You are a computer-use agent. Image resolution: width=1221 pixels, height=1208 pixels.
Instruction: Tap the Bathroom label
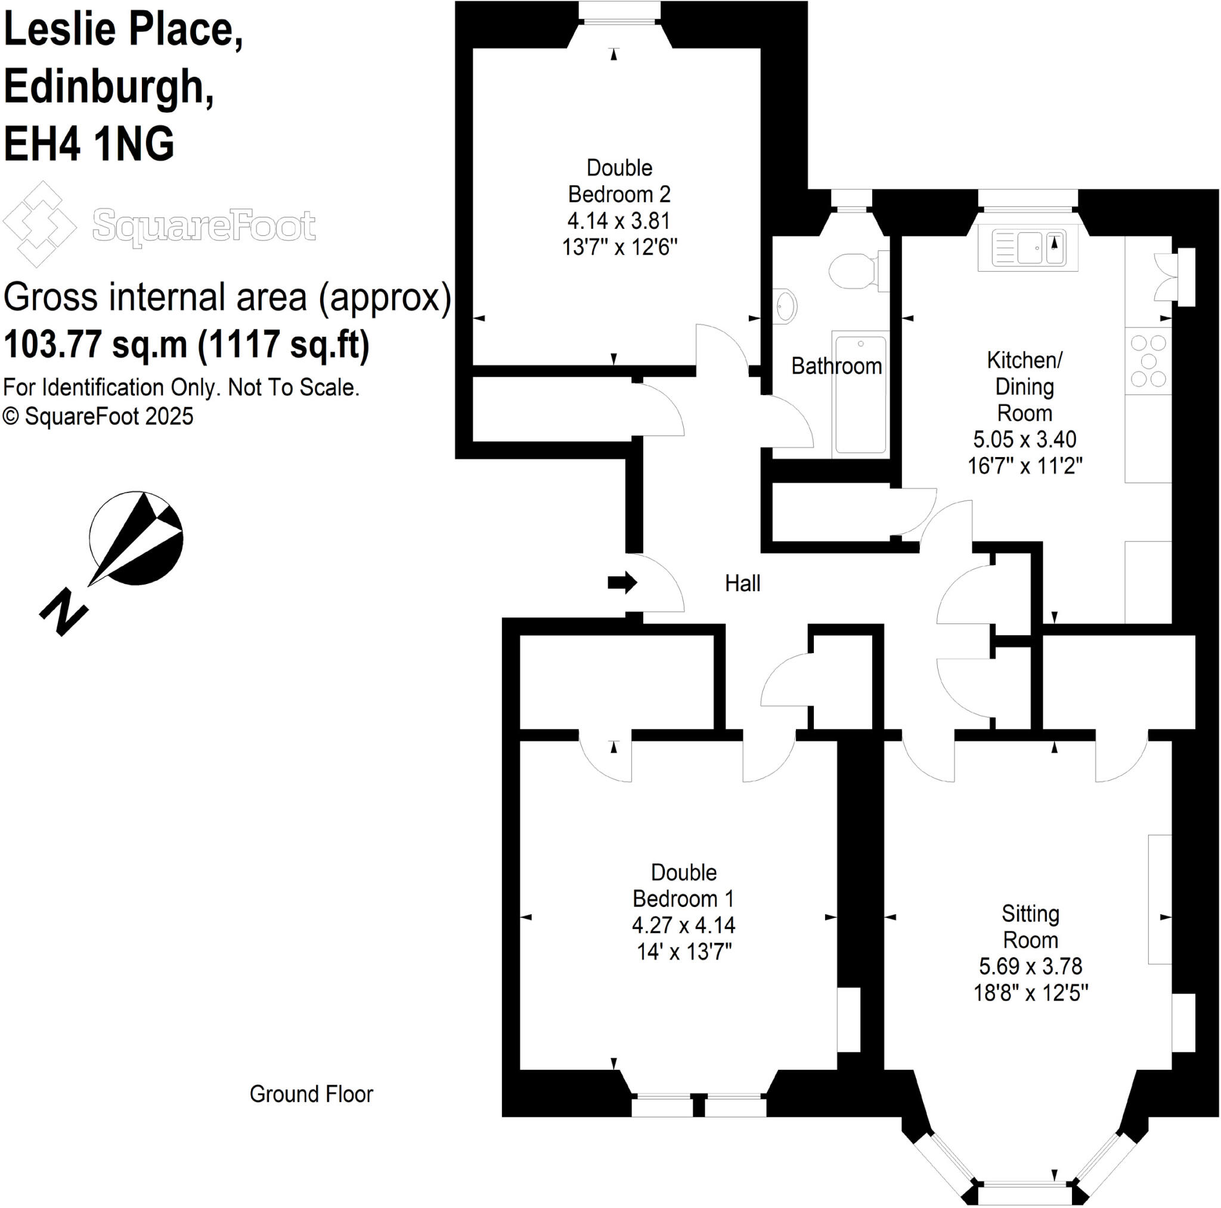(x=836, y=367)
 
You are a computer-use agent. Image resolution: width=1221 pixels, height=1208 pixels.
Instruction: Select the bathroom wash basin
(x=786, y=306)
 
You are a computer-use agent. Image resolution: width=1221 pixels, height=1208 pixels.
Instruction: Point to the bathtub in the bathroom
(x=860, y=395)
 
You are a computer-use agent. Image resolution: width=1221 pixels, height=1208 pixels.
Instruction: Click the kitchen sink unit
(x=1028, y=249)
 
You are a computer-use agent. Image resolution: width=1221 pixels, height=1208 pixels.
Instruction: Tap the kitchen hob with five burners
(x=1148, y=361)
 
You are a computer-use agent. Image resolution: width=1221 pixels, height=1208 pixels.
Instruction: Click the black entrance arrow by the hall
(x=622, y=582)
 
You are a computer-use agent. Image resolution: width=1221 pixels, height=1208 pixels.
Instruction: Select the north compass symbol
(x=136, y=538)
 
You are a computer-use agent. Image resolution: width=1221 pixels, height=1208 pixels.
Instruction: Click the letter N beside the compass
(x=63, y=611)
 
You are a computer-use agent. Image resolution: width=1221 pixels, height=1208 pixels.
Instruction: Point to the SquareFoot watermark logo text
(x=203, y=225)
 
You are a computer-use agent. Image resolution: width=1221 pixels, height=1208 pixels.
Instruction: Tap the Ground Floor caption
(x=311, y=1094)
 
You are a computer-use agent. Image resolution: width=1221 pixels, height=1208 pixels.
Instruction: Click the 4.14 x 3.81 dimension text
(x=619, y=221)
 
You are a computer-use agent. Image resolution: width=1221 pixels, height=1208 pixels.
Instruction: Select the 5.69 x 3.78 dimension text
(x=1030, y=966)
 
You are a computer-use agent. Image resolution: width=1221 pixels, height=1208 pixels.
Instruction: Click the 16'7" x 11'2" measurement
(x=1024, y=465)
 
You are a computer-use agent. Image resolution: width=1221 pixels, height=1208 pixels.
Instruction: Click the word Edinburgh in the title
(x=109, y=86)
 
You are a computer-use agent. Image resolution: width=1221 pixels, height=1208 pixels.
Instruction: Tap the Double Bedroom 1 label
(x=683, y=885)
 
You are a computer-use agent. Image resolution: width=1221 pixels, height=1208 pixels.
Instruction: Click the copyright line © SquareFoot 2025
(x=98, y=417)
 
